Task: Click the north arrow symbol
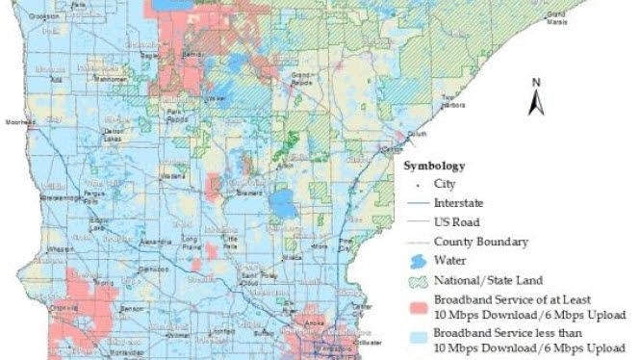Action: click(535, 97)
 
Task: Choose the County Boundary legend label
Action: click(479, 241)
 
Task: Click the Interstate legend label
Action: click(459, 202)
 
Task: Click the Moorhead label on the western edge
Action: click(18, 123)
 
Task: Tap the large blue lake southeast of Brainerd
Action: click(282, 203)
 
